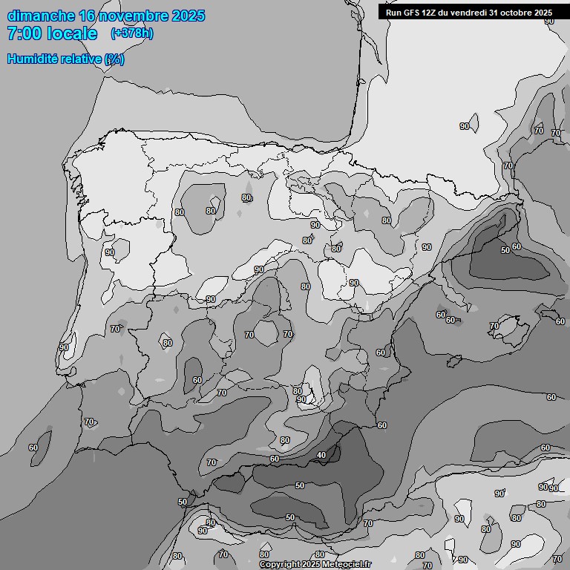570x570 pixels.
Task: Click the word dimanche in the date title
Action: (x=42, y=16)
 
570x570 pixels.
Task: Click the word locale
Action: (x=72, y=33)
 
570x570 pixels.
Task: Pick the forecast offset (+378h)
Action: (x=131, y=33)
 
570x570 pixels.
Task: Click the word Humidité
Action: (x=33, y=59)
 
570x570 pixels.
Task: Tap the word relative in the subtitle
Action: (x=82, y=59)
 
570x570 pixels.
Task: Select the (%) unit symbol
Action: (x=114, y=59)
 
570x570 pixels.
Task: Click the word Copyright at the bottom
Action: (x=281, y=565)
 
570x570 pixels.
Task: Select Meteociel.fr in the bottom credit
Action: (x=347, y=565)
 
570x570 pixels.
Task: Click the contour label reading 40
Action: (x=321, y=455)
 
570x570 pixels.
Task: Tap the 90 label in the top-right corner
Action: (x=549, y=21)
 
